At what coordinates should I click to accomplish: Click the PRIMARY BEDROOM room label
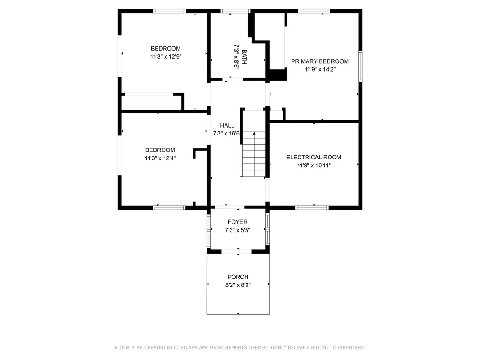point(320,61)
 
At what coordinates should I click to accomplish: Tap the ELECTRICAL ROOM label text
point(314,157)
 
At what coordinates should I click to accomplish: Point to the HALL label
point(227,126)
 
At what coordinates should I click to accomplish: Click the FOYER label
point(238,222)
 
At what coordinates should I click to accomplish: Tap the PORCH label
point(238,277)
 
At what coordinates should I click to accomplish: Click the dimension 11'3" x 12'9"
point(165,56)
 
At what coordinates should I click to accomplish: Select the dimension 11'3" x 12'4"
point(160,158)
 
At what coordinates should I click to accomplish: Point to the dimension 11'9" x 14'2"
point(320,69)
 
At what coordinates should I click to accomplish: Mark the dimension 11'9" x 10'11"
point(314,165)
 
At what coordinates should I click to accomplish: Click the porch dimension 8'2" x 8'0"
point(238,285)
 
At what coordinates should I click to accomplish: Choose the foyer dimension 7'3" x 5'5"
point(238,230)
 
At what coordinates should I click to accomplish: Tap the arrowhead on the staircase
point(254,134)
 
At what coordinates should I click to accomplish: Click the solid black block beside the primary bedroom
point(278,75)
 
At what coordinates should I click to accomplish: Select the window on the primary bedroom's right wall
point(360,66)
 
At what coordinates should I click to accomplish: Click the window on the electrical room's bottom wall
point(312,207)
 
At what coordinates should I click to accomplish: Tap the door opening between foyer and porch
point(238,252)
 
